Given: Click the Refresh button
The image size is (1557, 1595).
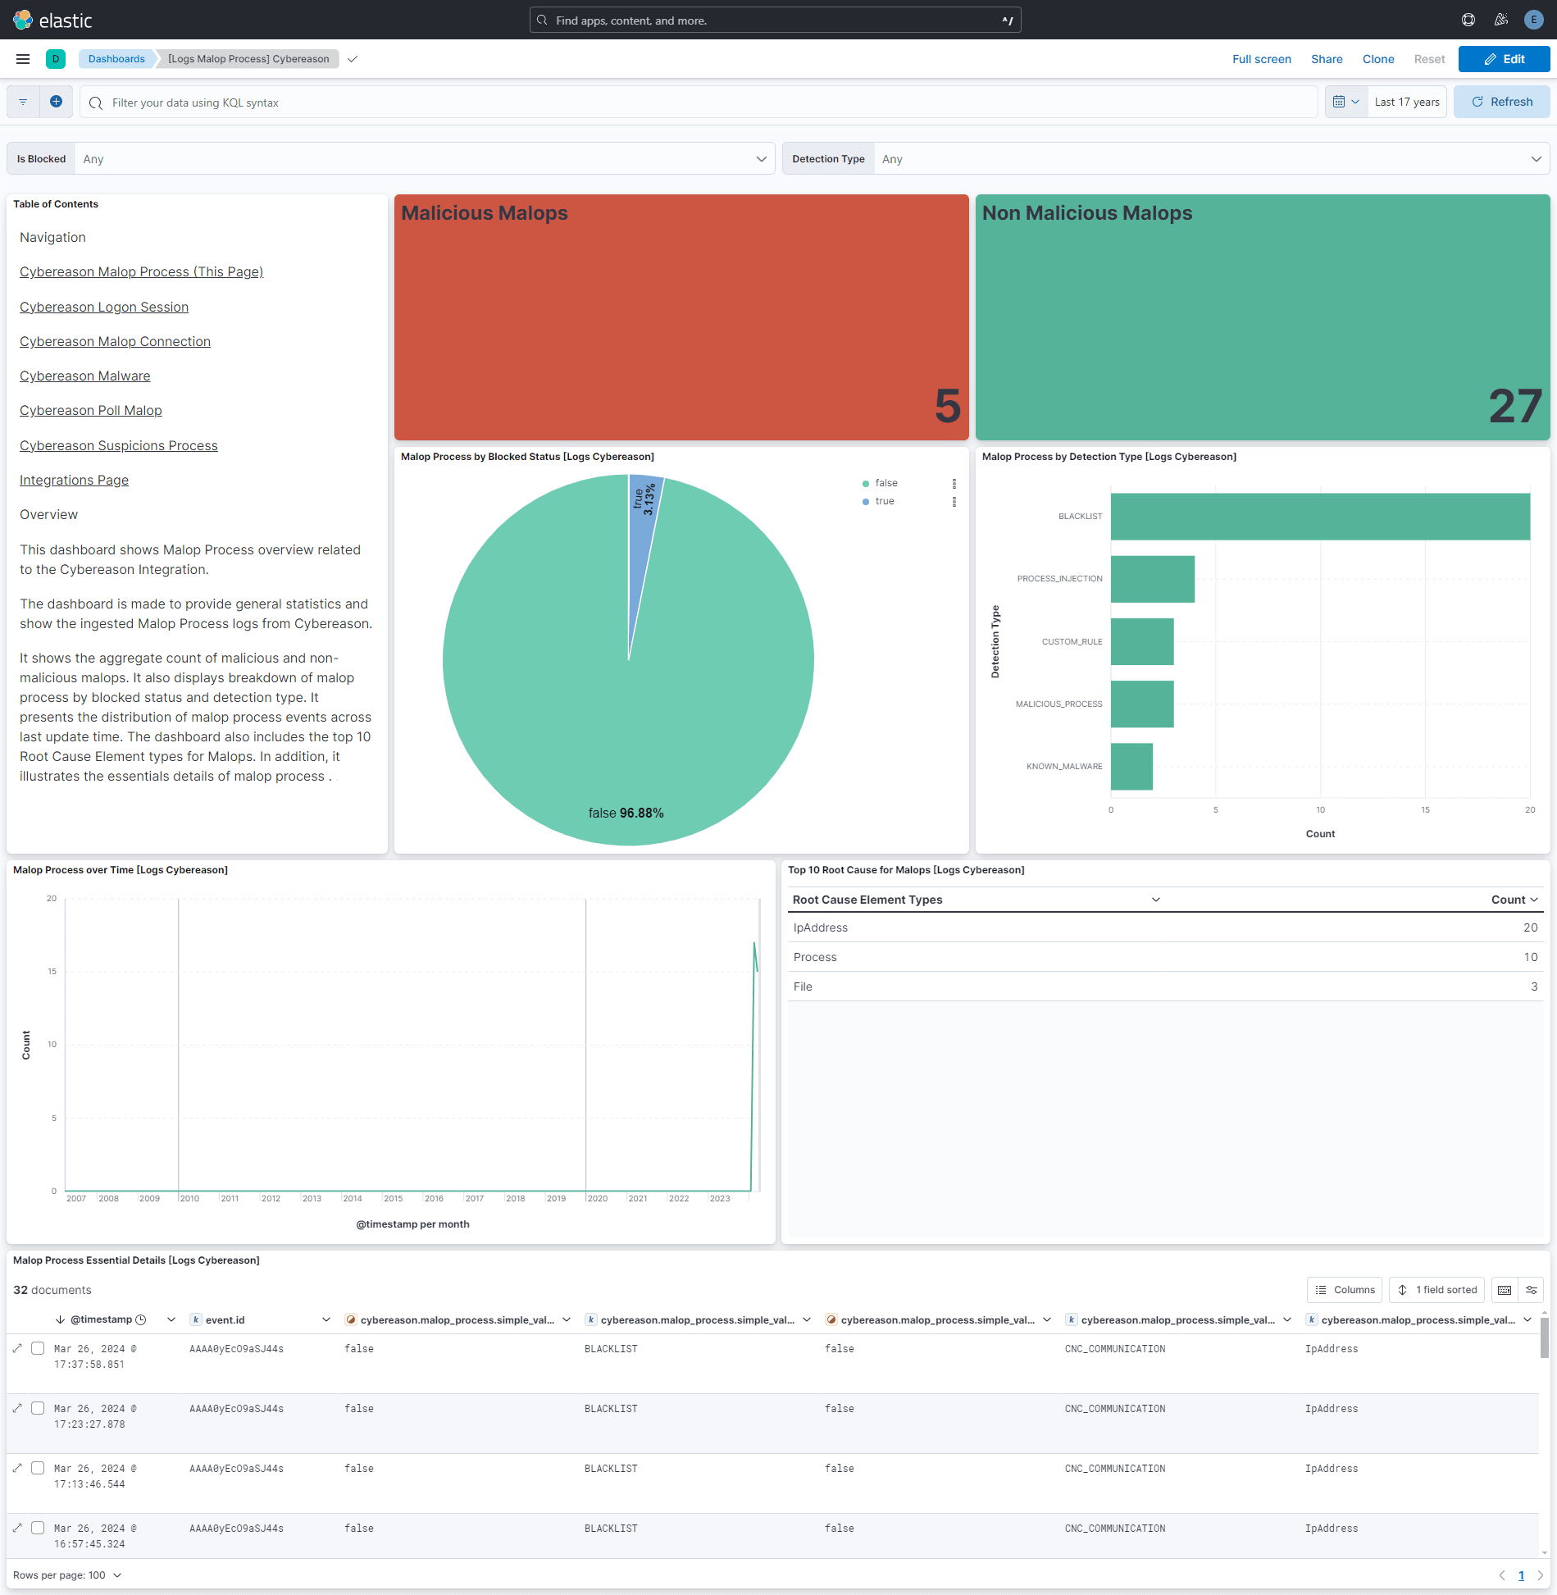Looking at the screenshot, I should pyautogui.click(x=1501, y=102).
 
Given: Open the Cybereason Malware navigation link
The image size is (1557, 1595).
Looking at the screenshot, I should pyautogui.click(x=85, y=376).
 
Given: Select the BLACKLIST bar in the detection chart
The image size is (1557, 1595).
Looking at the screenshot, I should pyautogui.click(x=1319, y=517).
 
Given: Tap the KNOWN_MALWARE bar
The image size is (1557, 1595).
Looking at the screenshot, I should pyautogui.click(x=1131, y=767).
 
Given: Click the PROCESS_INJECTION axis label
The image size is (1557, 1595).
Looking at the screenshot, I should pyautogui.click(x=1059, y=579).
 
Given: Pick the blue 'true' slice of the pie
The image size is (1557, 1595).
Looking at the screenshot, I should pyautogui.click(x=644, y=525).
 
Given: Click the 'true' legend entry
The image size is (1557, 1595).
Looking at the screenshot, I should pyautogui.click(x=884, y=501).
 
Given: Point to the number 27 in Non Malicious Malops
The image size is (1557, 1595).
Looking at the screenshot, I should pyautogui.click(x=1514, y=406).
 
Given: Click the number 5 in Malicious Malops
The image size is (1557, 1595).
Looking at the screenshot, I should pyautogui.click(x=947, y=406).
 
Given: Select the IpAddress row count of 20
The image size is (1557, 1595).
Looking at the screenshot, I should pyautogui.click(x=1530, y=927).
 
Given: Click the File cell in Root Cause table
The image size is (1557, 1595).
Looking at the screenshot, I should pyautogui.click(x=803, y=987).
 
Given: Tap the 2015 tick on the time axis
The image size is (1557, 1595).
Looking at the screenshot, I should pyautogui.click(x=394, y=1199).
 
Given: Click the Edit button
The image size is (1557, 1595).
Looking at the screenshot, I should pyautogui.click(x=1504, y=59).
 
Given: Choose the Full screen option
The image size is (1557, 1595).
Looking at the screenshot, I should pyautogui.click(x=1261, y=59).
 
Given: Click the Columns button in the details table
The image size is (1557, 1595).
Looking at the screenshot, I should pyautogui.click(x=1345, y=1290).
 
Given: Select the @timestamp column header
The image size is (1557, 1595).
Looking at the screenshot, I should pyautogui.click(x=101, y=1319).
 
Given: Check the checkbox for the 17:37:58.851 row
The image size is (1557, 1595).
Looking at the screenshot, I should pyautogui.click(x=38, y=1348).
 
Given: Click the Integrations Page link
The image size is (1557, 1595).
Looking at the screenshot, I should pyautogui.click(x=74, y=480).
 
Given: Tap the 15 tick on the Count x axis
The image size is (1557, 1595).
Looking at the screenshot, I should pyautogui.click(x=1425, y=810).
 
